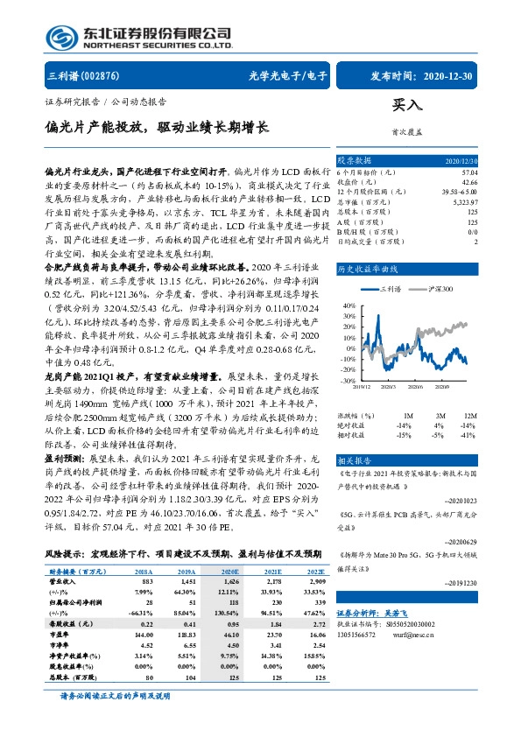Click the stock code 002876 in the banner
click(99, 75)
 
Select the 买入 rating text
click(407, 105)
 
